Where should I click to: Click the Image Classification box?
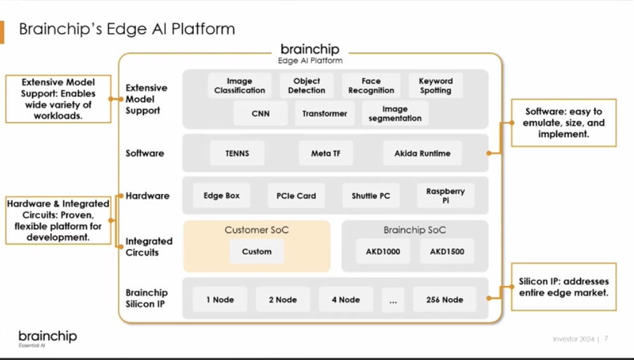tap(240, 86)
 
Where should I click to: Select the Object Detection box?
tap(306, 86)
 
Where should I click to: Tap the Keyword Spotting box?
tap(436, 86)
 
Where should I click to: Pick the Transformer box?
tap(325, 114)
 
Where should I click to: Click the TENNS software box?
tap(237, 153)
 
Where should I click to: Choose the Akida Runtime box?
tap(422, 153)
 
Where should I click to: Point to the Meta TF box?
tap(325, 153)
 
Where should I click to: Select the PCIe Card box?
tap(296, 196)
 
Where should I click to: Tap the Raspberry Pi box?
tap(445, 196)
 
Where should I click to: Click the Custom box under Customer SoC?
tap(256, 251)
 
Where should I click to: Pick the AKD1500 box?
tap(446, 251)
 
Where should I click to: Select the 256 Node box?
tap(445, 299)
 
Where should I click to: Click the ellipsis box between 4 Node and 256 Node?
tap(392, 299)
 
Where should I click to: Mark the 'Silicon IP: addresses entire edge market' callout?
tap(563, 287)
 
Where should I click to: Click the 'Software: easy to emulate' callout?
tap(563, 123)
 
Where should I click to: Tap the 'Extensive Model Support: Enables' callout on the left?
tap(58, 99)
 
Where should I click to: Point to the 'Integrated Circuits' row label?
tap(149, 246)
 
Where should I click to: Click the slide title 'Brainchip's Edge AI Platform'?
tap(127, 29)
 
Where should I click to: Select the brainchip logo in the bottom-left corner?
tap(47, 337)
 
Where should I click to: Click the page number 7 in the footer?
tap(606, 338)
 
